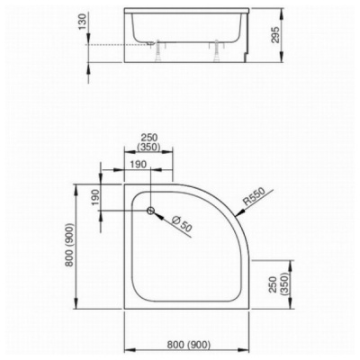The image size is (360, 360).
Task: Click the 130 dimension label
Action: click(x=83, y=22)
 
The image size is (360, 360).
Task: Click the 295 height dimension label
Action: click(x=275, y=35)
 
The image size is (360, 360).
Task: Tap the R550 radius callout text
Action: click(x=254, y=197)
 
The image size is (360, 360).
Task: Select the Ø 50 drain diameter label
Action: click(x=182, y=223)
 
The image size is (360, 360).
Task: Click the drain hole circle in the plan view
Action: click(x=150, y=211)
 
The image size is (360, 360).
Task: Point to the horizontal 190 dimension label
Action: click(x=139, y=165)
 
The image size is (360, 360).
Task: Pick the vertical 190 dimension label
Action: click(x=95, y=197)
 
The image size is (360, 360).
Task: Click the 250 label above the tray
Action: click(x=149, y=138)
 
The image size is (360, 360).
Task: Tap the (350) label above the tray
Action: click(x=148, y=148)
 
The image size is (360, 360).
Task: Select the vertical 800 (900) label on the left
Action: click(x=70, y=245)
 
